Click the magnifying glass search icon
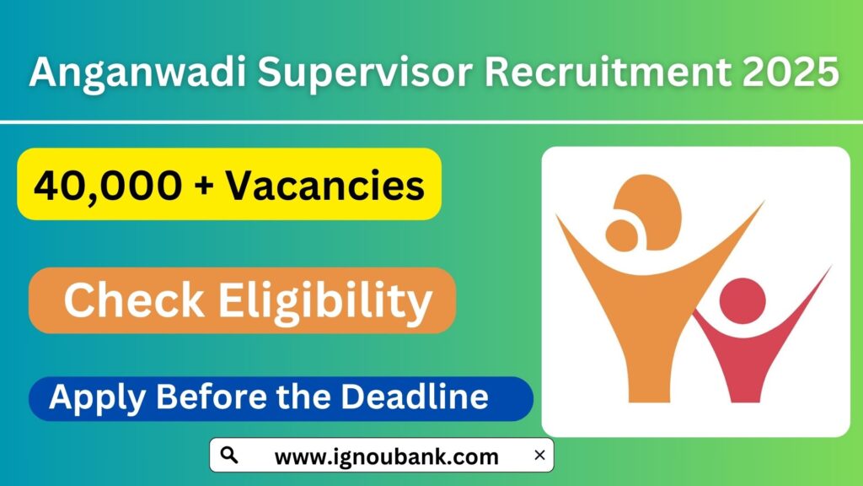(228, 456)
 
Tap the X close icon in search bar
(539, 456)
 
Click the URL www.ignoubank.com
(386, 456)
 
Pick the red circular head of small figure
(742, 300)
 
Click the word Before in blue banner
(221, 397)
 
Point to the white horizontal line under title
(431, 123)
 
